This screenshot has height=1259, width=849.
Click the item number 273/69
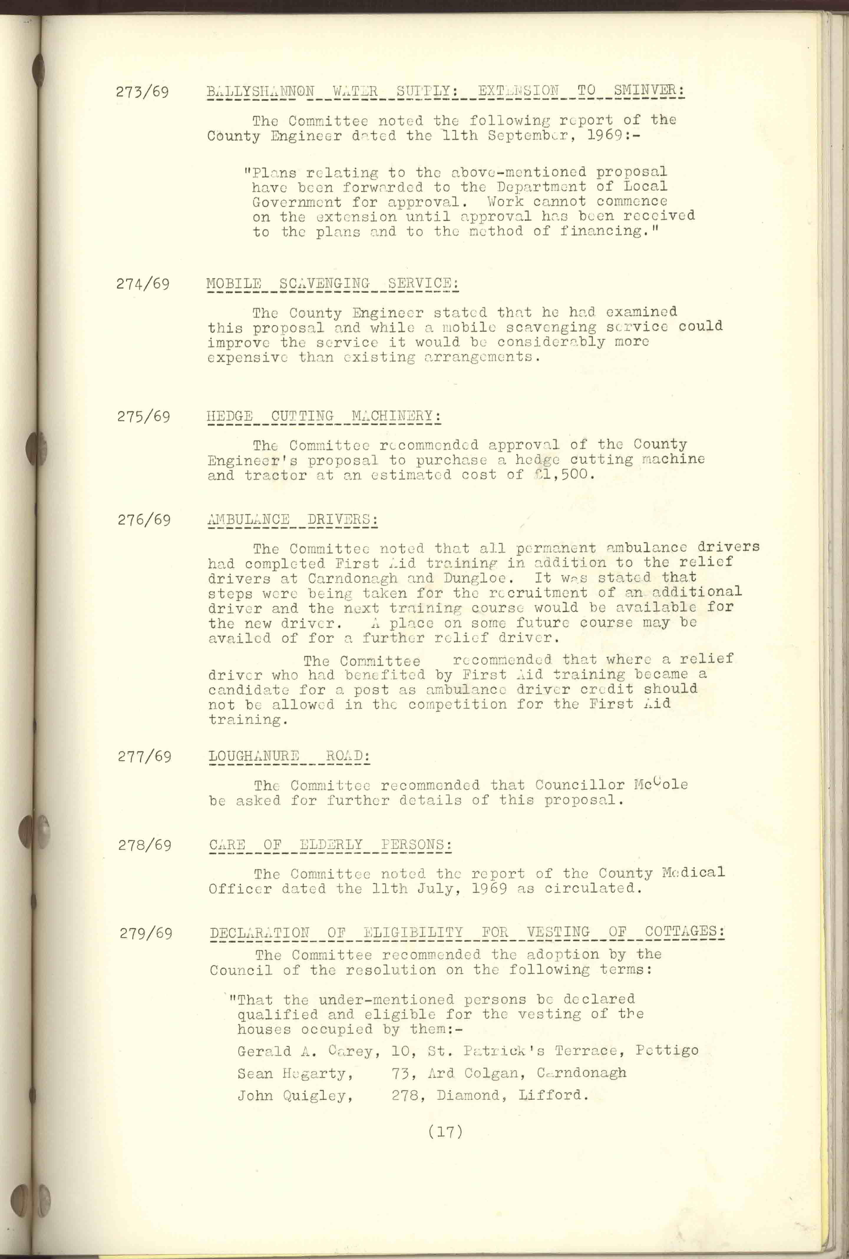coord(142,92)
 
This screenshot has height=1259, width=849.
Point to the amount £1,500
coord(563,475)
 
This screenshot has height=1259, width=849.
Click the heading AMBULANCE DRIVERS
coord(293,519)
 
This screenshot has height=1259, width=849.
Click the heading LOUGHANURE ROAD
coord(289,756)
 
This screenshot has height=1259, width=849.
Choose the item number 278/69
coord(145,845)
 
